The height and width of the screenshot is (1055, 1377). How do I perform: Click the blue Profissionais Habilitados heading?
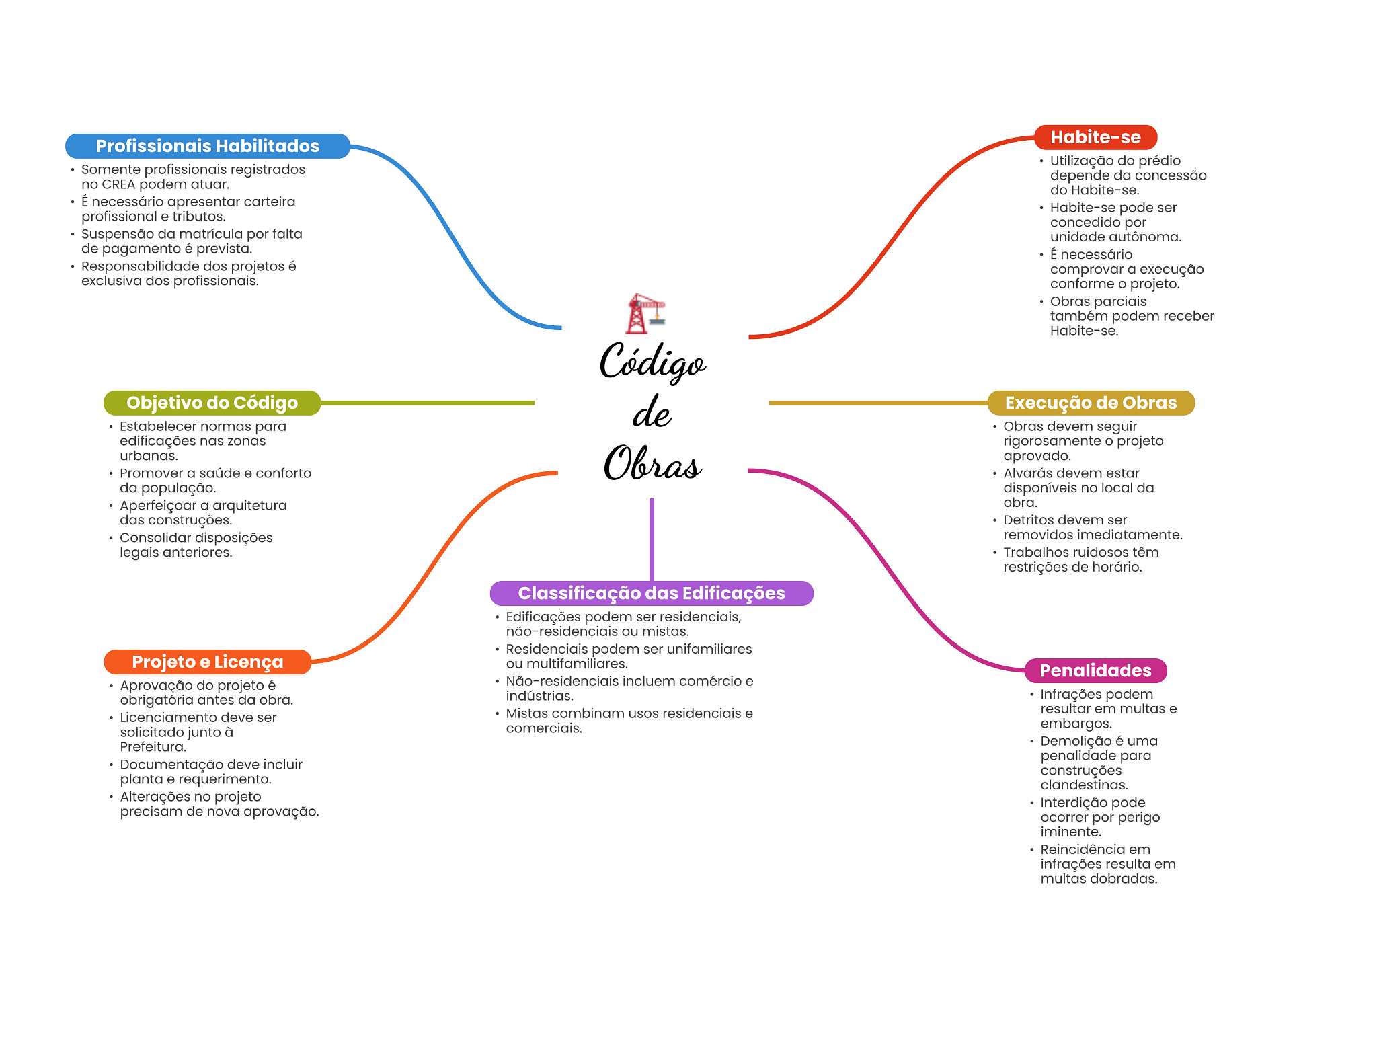(207, 146)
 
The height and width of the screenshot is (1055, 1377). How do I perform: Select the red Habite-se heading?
(1095, 137)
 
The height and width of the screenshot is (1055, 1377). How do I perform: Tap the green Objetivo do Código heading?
(212, 403)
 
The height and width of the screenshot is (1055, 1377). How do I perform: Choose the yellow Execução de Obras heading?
(1091, 403)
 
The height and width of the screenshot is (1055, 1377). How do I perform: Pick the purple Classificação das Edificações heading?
(651, 593)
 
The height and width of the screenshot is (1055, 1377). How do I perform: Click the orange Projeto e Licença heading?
(207, 662)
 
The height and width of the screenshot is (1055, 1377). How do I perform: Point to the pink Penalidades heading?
(1095, 670)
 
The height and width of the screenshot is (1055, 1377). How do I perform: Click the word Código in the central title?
(652, 362)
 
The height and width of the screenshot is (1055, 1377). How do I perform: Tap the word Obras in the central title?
(652, 464)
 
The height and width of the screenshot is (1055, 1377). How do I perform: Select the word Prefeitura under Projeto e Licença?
(153, 747)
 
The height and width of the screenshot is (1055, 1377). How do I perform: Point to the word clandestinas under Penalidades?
(1084, 785)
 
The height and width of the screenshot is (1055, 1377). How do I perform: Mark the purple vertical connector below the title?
(652, 538)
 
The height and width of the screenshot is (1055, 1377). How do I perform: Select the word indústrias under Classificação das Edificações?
(539, 696)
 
